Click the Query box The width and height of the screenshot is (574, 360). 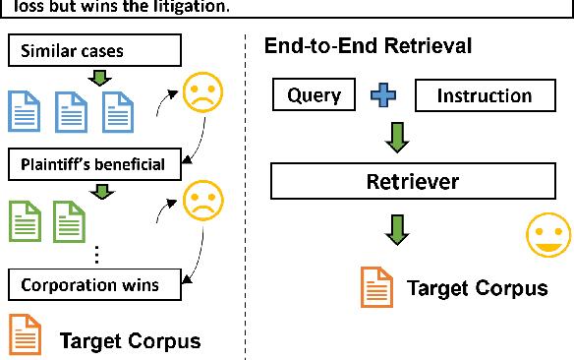click(x=315, y=95)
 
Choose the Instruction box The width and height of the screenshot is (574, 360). click(x=484, y=95)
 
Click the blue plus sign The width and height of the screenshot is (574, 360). click(x=382, y=95)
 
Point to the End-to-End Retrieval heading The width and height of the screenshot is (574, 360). click(x=368, y=46)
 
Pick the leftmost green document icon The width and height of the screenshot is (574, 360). click(x=24, y=222)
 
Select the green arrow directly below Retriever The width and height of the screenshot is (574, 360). click(x=398, y=229)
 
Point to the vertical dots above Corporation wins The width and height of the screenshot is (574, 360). click(x=97, y=254)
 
